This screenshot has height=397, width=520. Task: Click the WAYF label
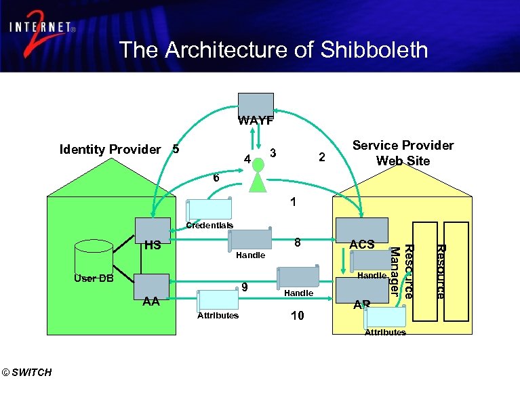click(256, 121)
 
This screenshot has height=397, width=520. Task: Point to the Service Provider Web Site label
click(403, 152)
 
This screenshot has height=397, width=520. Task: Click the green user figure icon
click(256, 177)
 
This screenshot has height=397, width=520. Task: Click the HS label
click(153, 245)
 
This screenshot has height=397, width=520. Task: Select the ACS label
click(361, 244)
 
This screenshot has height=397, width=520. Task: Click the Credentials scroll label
click(209, 225)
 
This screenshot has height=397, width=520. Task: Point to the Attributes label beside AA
click(218, 316)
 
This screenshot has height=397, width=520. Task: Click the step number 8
click(296, 242)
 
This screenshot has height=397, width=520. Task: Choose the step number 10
click(297, 316)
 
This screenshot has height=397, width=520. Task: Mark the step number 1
click(292, 201)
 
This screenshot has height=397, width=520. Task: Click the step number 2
click(323, 157)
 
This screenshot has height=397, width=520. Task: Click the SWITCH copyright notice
click(26, 372)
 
